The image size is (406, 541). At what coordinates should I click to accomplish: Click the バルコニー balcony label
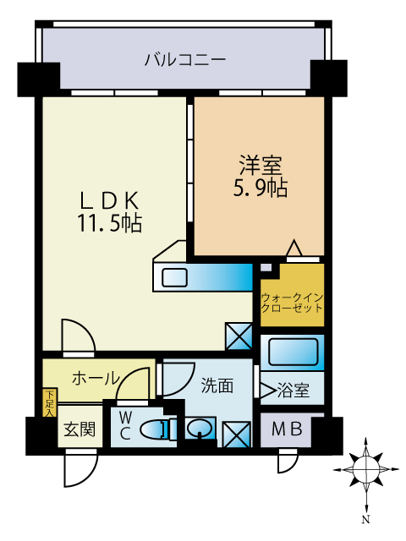point(184,59)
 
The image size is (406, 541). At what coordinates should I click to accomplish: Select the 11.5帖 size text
point(109,224)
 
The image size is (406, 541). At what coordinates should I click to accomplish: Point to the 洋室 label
point(259,164)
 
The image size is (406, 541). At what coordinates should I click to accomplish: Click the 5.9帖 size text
point(259,188)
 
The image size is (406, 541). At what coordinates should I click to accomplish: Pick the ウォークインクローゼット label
point(292,303)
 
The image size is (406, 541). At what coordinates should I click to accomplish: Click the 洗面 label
point(217,386)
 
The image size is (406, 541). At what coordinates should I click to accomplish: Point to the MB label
point(285,429)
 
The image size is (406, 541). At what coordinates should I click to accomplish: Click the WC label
point(124,424)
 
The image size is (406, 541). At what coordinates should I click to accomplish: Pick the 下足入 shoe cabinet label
point(50,404)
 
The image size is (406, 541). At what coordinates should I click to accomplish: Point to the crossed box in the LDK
point(239,336)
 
